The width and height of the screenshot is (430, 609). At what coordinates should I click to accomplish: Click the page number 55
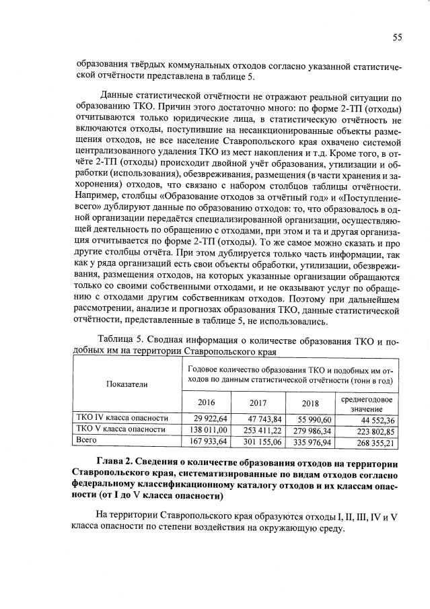click(x=397, y=37)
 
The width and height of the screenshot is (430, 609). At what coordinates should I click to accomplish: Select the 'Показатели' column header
click(x=127, y=384)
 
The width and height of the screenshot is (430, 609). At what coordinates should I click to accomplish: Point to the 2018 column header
click(x=310, y=403)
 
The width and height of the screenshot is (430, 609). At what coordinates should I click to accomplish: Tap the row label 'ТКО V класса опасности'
click(x=120, y=429)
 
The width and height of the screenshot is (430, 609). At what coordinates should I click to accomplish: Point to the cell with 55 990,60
click(x=310, y=419)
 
